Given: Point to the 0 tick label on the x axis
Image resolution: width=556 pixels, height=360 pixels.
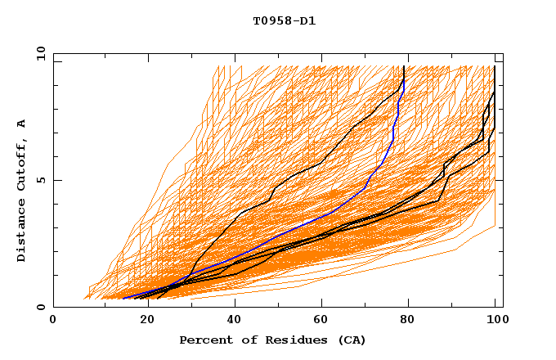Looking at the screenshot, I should tap(53, 321).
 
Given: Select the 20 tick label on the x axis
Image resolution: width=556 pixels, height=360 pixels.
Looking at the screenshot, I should tap(142, 321).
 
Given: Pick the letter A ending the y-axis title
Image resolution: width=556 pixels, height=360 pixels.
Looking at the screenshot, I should tap(22, 124).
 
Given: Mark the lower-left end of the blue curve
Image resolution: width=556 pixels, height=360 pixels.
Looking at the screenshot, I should tap(123, 298).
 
